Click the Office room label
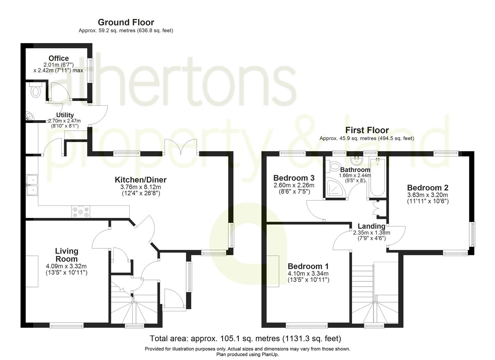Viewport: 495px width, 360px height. (x=59, y=58)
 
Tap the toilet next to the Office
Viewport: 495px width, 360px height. (x=35, y=90)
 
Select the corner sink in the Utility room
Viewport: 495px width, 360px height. (x=29, y=116)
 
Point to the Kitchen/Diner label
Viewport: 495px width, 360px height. (x=140, y=180)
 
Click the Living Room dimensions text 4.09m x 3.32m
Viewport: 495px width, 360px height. (x=66, y=266)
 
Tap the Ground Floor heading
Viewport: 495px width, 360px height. (x=126, y=22)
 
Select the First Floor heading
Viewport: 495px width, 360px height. (x=367, y=130)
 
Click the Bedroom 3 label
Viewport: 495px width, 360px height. (x=294, y=178)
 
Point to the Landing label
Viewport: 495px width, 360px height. (x=371, y=226)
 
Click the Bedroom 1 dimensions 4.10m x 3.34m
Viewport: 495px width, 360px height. (x=308, y=274)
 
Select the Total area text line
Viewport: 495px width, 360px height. (x=245, y=339)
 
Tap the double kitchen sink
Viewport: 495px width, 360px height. (x=32, y=185)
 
